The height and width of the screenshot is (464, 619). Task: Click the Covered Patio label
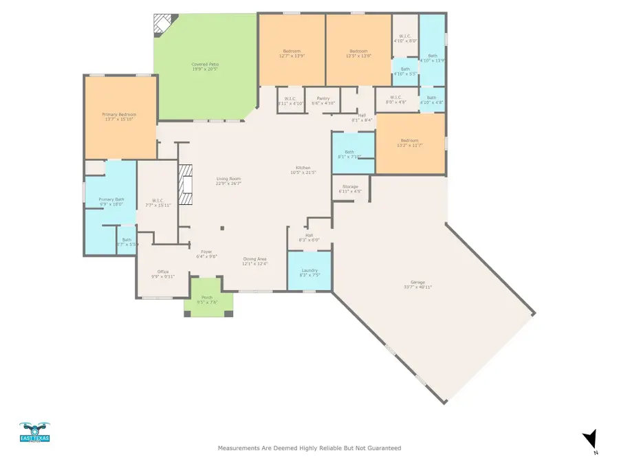[x=205, y=64]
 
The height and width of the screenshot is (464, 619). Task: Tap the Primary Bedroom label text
[x=120, y=115]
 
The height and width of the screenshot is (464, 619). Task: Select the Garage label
[x=417, y=283]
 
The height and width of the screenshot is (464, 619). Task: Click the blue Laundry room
[x=309, y=271]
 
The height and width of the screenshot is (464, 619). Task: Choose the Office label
[x=163, y=272]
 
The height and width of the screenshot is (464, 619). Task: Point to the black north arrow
[x=589, y=439]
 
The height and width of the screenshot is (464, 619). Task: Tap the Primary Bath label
[x=111, y=199]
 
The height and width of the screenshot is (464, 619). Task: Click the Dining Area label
[x=254, y=259]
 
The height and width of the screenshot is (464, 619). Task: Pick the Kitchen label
[x=303, y=168]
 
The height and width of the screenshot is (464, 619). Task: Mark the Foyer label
[x=207, y=252]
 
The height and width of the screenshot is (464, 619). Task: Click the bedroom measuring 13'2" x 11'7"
[x=410, y=143]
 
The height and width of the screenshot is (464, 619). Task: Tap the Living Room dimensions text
[x=228, y=184]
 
